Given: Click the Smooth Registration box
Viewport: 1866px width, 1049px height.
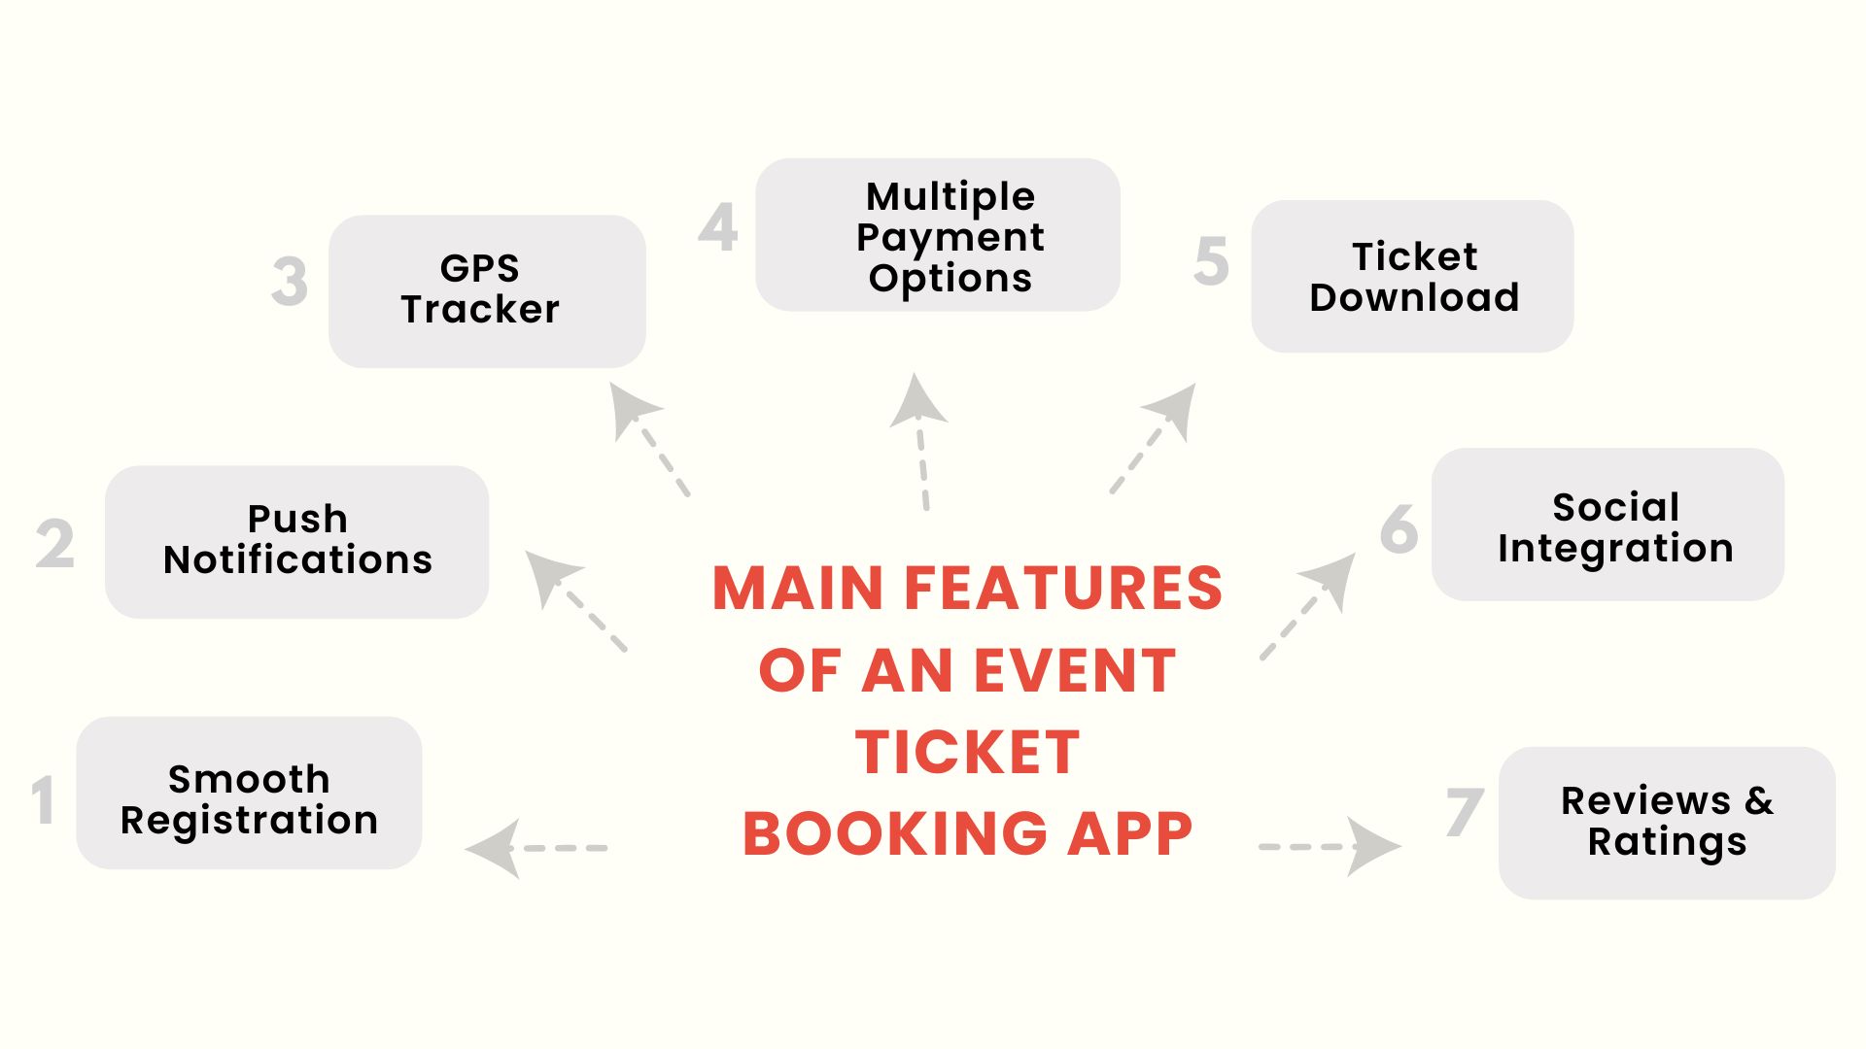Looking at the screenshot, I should (x=249, y=793).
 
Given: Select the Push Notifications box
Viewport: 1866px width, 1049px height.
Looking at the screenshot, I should (x=296, y=542).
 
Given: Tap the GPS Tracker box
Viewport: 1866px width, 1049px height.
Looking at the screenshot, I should (x=487, y=291).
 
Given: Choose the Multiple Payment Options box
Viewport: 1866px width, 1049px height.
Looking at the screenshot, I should (x=938, y=235).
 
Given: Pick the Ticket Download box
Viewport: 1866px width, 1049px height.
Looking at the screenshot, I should (x=1412, y=277).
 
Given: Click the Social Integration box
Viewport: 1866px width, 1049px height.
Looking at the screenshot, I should (x=1607, y=524).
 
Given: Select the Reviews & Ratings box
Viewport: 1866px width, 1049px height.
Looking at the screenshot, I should (x=1667, y=823).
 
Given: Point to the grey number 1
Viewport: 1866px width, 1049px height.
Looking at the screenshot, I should (x=43, y=800).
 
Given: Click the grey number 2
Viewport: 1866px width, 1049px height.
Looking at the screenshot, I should (x=55, y=544).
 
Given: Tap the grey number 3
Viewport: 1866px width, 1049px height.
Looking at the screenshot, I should (x=290, y=282).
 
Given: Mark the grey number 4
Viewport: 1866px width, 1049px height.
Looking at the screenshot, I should (x=718, y=227).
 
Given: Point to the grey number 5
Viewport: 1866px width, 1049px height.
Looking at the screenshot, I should (x=1211, y=261).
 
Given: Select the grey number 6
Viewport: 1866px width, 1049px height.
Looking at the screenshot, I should (x=1399, y=529).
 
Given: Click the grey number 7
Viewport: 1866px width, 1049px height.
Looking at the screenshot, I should (x=1464, y=812).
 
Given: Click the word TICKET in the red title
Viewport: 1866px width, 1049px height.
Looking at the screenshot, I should (x=967, y=753).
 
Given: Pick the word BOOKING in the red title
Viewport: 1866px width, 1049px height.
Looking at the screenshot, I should (x=895, y=834).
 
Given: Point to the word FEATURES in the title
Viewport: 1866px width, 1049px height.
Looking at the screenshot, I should (x=1063, y=589).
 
